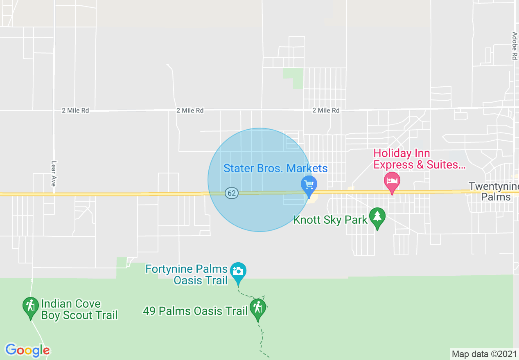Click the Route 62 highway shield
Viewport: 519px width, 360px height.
click(x=232, y=193)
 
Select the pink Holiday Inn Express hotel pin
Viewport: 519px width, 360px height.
click(x=392, y=181)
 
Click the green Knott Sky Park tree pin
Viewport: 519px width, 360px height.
click(x=377, y=217)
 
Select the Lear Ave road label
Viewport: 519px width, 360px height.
click(x=53, y=173)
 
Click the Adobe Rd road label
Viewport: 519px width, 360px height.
click(x=514, y=46)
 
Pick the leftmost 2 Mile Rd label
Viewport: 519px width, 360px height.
click(x=75, y=110)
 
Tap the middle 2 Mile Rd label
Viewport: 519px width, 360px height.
click(x=190, y=110)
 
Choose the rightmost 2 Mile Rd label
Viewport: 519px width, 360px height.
click(x=326, y=110)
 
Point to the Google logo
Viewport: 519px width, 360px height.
click(x=27, y=350)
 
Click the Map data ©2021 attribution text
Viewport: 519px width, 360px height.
click(x=484, y=354)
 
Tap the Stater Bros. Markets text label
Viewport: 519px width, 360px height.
click(x=275, y=168)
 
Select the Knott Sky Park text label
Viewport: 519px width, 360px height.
click(x=330, y=220)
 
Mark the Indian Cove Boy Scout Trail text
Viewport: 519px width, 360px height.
click(x=79, y=309)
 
